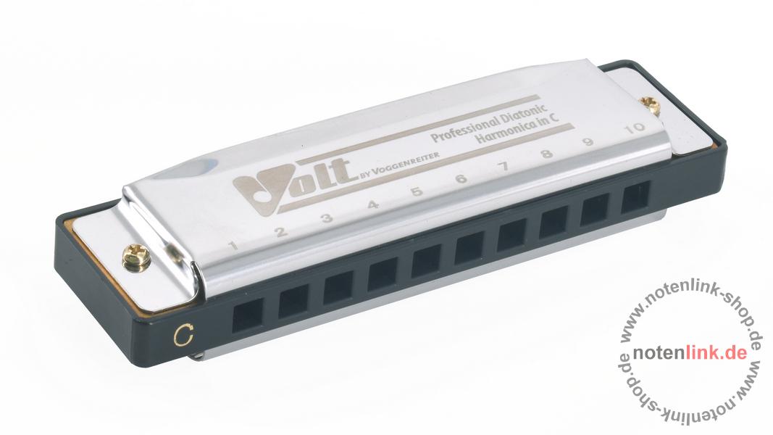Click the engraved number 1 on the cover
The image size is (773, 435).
[x=234, y=245]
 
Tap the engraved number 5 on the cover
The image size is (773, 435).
[x=417, y=191]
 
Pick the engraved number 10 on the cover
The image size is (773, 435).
[x=634, y=127]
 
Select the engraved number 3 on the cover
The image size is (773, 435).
[x=326, y=217]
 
